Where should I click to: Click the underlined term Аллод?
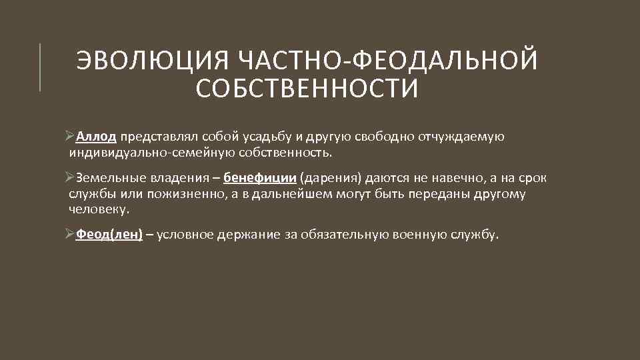tap(97, 137)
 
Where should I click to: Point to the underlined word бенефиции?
tap(260, 178)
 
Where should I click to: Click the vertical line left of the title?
tap(40, 67)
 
